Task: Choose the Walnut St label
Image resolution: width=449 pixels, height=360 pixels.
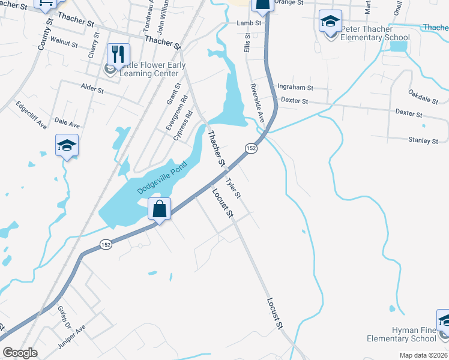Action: pyautogui.click(x=65, y=44)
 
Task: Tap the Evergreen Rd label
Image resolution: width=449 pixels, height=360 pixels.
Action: pyautogui.click(x=177, y=109)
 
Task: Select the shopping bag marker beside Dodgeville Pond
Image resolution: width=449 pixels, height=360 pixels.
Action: pyautogui.click(x=160, y=209)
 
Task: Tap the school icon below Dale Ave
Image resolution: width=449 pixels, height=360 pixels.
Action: pyautogui.click(x=67, y=145)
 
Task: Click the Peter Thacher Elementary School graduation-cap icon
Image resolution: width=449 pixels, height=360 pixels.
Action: pyautogui.click(x=330, y=22)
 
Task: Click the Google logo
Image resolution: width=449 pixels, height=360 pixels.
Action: pyautogui.click(x=20, y=353)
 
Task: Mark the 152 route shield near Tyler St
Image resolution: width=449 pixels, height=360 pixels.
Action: pyautogui.click(x=251, y=148)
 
